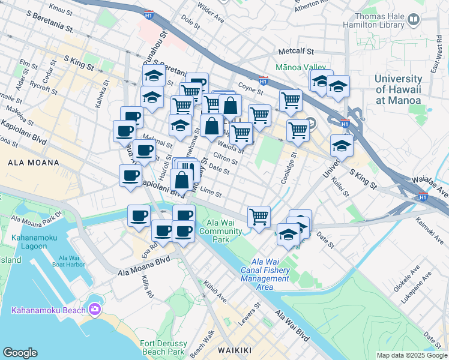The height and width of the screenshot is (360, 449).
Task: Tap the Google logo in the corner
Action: pos(20,353)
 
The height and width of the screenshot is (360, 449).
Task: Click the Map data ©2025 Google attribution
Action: pos(412,355)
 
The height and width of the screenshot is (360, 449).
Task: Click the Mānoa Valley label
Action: pos(301,68)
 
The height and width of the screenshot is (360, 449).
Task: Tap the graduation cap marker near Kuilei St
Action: pos(342,146)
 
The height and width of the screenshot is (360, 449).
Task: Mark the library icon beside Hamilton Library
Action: pos(413,20)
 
